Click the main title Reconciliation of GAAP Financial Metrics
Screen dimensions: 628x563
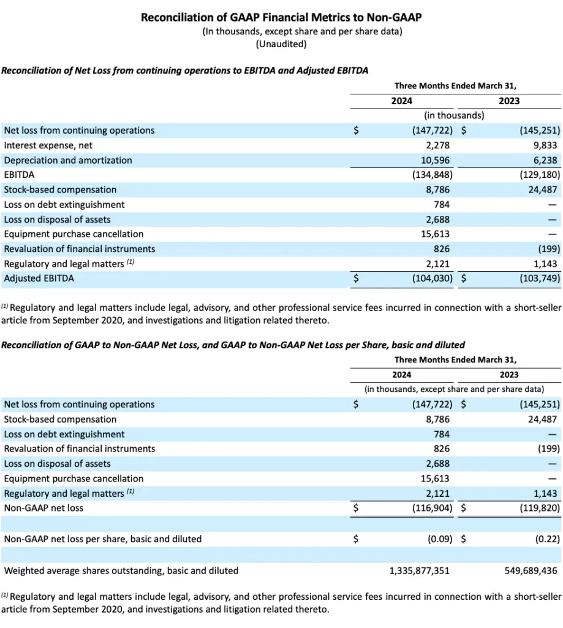point(281,17)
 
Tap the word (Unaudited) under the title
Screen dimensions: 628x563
point(281,44)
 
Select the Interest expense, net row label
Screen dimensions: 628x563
point(47,145)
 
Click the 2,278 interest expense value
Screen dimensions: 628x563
point(438,145)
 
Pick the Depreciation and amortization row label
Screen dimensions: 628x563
point(67,160)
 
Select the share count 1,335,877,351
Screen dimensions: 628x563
point(419,571)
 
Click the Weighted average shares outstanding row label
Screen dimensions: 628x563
point(121,571)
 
